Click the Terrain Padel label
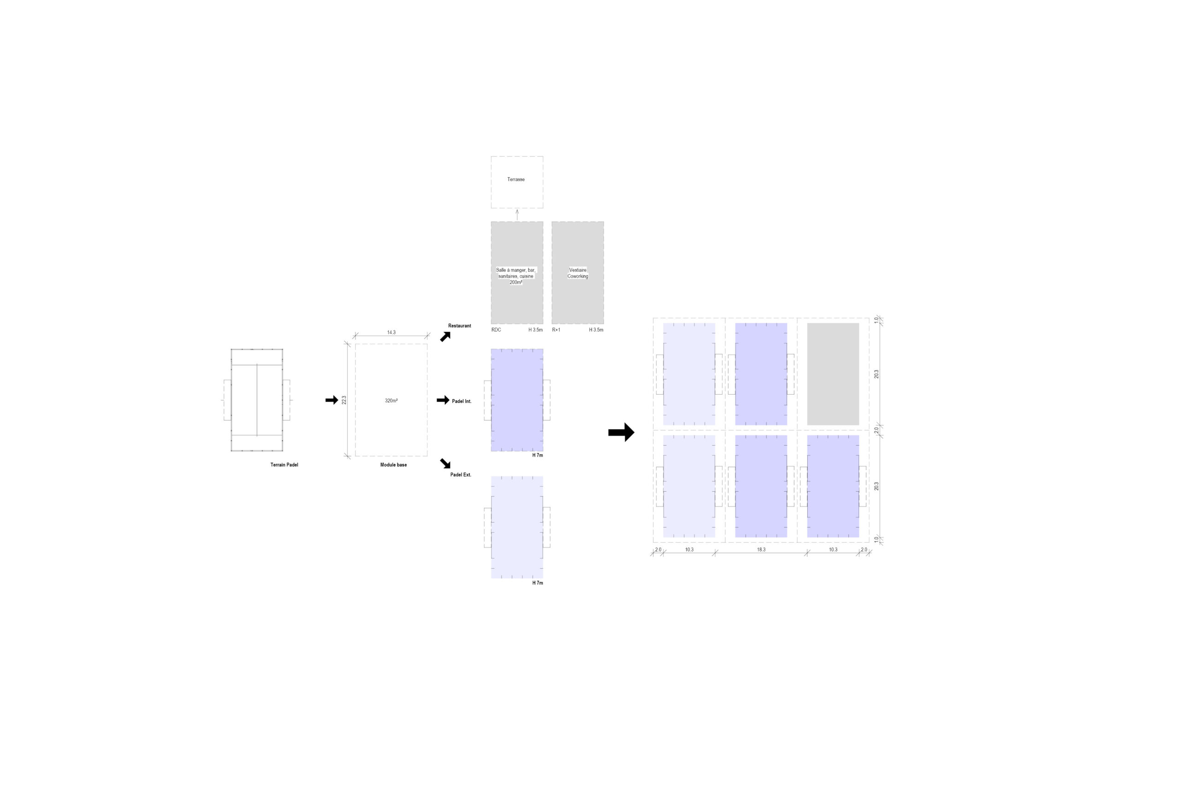tap(284, 465)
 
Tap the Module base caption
tap(393, 465)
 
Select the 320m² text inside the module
tap(391, 401)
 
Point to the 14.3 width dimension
tap(391, 332)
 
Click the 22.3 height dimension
tap(344, 400)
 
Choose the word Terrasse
tap(516, 179)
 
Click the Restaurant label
tap(460, 326)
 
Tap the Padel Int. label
tap(461, 401)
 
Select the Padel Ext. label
tap(461, 475)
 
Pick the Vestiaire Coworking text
tap(578, 273)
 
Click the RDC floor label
tap(496, 330)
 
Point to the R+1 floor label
tap(556, 330)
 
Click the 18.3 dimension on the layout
tap(761, 549)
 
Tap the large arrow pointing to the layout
tap(621, 432)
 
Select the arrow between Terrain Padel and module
tap(332, 400)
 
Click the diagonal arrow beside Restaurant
tap(445, 337)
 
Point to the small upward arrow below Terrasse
tap(517, 215)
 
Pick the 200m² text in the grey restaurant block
tap(516, 283)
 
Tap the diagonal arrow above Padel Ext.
tap(445, 463)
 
